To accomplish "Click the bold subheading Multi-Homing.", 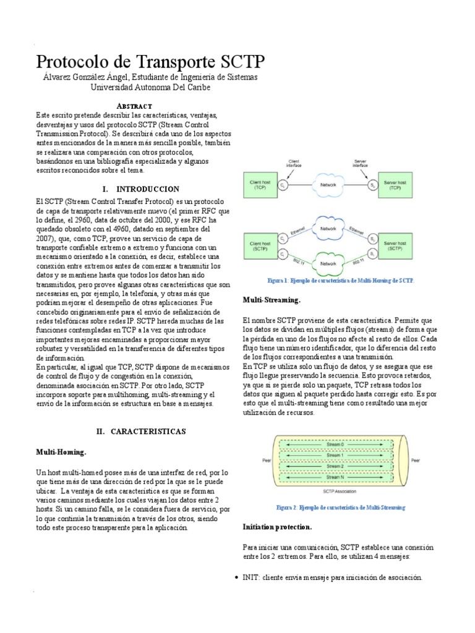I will tap(61, 452).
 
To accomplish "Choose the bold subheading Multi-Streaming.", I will tap(272, 300).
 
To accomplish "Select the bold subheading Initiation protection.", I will tap(278, 527).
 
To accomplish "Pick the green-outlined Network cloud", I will tap(328, 263).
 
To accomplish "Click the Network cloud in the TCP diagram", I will tap(328, 185).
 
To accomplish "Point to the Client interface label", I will tap(294, 164).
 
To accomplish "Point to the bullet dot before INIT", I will tap(238, 577).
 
